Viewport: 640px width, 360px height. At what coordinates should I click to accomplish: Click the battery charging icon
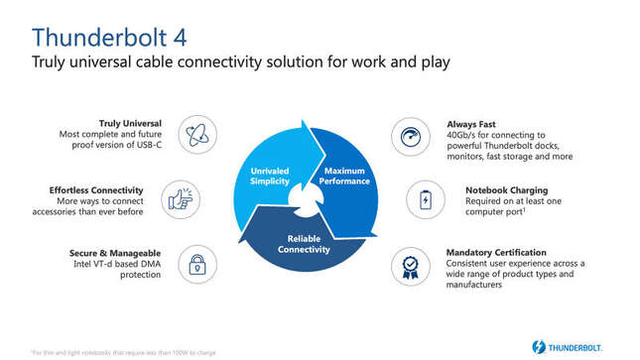tap(425, 200)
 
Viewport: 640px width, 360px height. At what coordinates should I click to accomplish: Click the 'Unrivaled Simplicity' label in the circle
tap(268, 177)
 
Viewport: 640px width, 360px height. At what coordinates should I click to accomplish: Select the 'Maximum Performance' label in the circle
tap(344, 177)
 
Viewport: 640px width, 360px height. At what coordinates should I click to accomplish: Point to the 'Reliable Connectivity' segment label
tap(303, 244)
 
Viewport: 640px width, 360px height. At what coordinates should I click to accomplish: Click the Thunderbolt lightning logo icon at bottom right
tap(539, 347)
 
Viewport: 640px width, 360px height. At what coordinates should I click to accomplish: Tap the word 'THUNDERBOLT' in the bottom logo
tap(586, 347)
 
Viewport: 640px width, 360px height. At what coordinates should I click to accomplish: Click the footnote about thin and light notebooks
tap(124, 352)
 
